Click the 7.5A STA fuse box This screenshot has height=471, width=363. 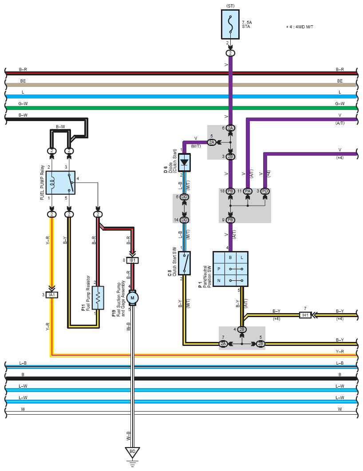tap(230, 24)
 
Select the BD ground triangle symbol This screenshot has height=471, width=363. tap(132, 452)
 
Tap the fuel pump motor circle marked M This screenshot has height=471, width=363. tap(132, 298)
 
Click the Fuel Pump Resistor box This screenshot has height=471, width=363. tap(98, 298)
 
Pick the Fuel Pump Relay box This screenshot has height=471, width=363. tap(60, 183)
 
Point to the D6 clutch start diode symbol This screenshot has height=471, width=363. tap(184, 163)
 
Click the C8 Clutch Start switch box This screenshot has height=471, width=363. tap(184, 263)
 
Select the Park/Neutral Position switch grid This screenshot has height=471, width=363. tap(230, 269)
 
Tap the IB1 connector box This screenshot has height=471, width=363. tap(132, 260)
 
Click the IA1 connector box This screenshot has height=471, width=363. tap(51, 295)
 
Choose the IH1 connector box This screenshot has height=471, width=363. tap(305, 315)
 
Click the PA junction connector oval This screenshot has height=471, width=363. tap(248, 191)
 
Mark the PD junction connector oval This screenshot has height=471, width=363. tap(265, 191)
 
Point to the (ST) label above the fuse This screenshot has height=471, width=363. tap(230, 6)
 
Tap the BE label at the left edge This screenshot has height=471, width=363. tap(23, 81)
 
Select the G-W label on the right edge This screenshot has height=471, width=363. tap(340, 104)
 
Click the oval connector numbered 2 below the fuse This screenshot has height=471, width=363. tap(230, 53)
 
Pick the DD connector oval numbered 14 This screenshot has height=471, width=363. tap(184, 220)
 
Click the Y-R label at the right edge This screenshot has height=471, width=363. tap(340, 351)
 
